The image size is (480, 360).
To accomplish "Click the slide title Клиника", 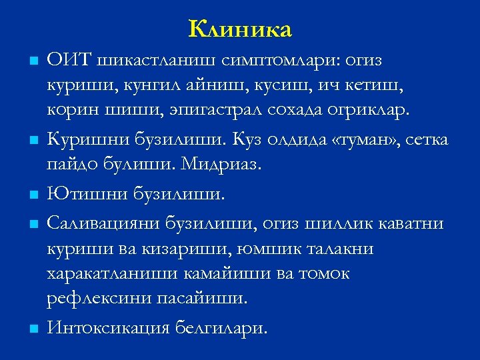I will coord(240,29).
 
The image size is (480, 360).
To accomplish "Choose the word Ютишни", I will coord(83,194).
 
